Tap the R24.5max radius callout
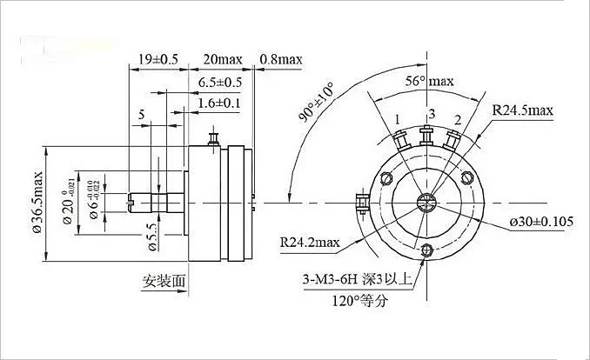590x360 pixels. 523,110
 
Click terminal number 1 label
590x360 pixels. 397,118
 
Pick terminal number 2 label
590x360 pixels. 456,119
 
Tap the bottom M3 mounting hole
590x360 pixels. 426,250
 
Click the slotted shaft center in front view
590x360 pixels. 426,203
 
